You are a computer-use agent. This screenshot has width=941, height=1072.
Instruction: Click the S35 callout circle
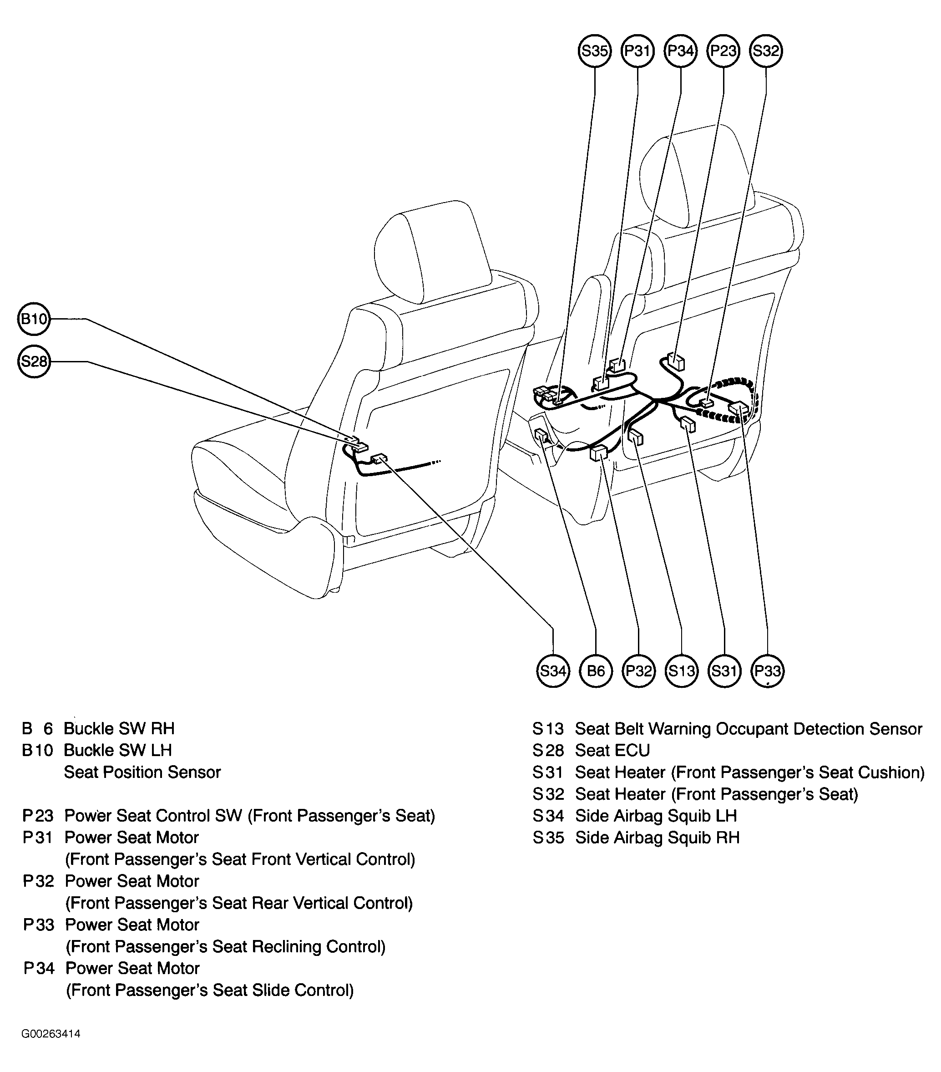pyautogui.click(x=594, y=51)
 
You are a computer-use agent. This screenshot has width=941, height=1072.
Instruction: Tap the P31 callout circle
pyautogui.click(x=637, y=51)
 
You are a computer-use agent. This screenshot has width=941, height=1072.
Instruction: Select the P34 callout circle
pyautogui.click(x=680, y=51)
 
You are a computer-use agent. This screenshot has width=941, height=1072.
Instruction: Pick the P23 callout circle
pyautogui.click(x=723, y=51)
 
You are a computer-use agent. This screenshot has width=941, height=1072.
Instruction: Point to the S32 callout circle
pyautogui.click(x=766, y=51)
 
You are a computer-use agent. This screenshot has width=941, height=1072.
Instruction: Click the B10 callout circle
pyautogui.click(x=34, y=318)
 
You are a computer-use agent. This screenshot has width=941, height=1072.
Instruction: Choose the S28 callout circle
pyautogui.click(x=34, y=361)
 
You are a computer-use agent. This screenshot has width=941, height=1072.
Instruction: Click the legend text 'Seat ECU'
pyautogui.click(x=612, y=751)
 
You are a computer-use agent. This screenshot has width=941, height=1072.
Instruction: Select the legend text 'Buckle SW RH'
pyautogui.click(x=119, y=728)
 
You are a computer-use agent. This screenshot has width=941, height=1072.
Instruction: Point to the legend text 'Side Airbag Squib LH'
pyautogui.click(x=656, y=816)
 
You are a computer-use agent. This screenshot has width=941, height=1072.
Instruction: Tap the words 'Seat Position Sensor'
pyautogui.click(x=142, y=772)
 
